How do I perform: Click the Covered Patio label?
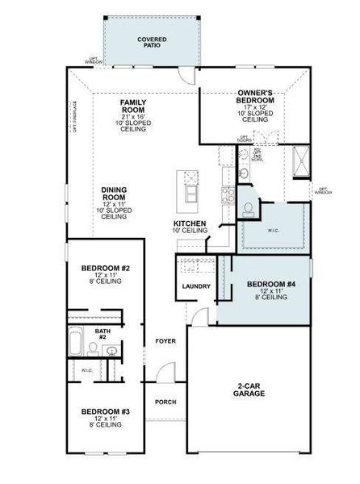(152, 41)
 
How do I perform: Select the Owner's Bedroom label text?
(255, 97)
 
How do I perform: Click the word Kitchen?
(189, 223)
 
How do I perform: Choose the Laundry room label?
(196, 286)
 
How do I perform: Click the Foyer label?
(165, 341)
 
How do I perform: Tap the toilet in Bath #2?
(94, 349)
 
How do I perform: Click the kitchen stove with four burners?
(228, 194)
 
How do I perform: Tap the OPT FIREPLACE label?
(74, 117)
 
